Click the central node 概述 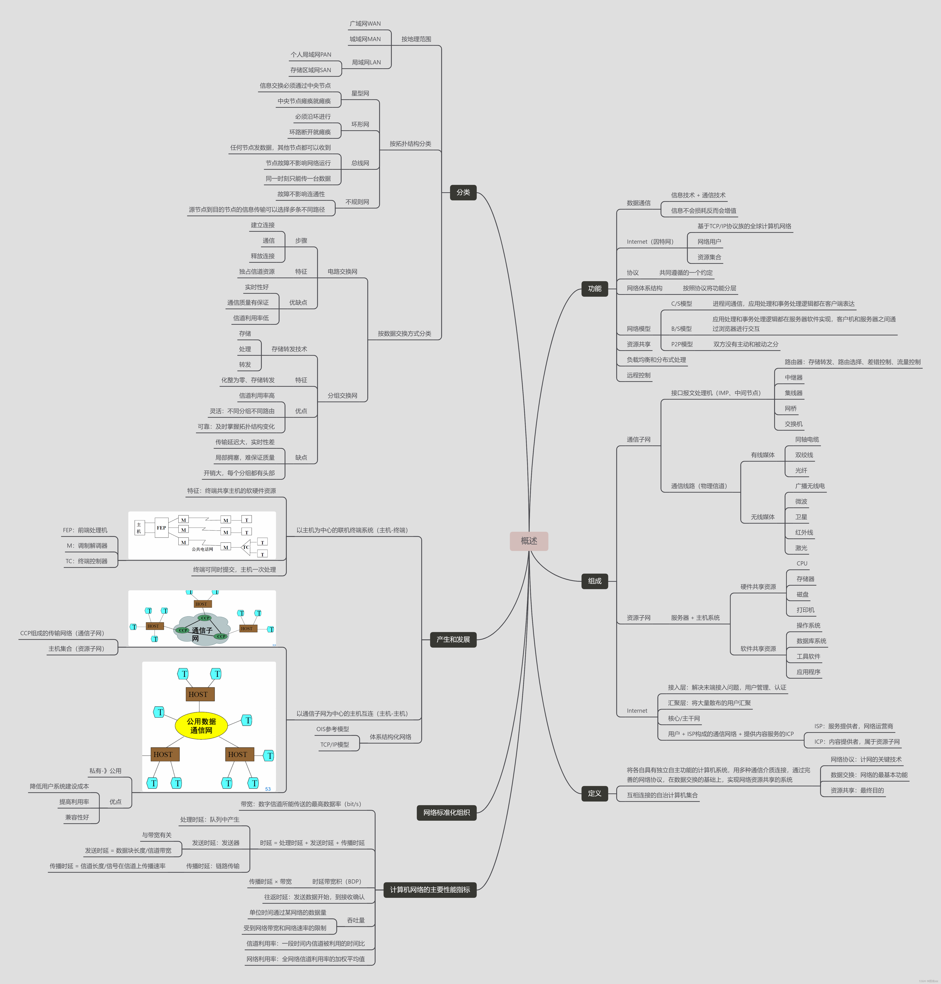[529, 541]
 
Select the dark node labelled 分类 [463, 192]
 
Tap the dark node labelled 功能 [594, 289]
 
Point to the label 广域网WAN [365, 24]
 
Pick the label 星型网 [360, 93]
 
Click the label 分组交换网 [343, 396]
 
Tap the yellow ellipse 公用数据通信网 [201, 725]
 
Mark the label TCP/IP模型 [335, 744]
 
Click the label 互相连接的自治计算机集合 [662, 795]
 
